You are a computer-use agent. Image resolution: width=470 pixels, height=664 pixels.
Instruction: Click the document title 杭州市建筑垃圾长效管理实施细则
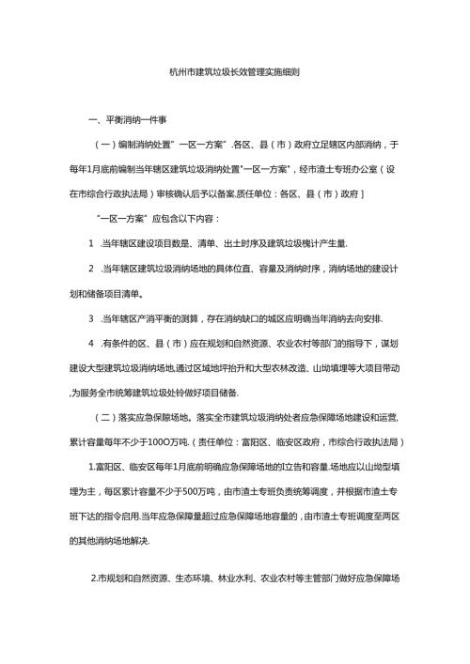(x=234, y=70)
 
